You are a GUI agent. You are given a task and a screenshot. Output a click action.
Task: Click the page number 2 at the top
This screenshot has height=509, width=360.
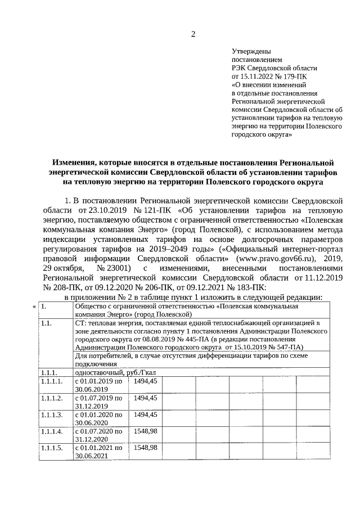coord(193,34)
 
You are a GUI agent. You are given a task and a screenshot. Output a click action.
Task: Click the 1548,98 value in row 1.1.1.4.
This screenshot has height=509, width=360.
coord(145,431)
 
